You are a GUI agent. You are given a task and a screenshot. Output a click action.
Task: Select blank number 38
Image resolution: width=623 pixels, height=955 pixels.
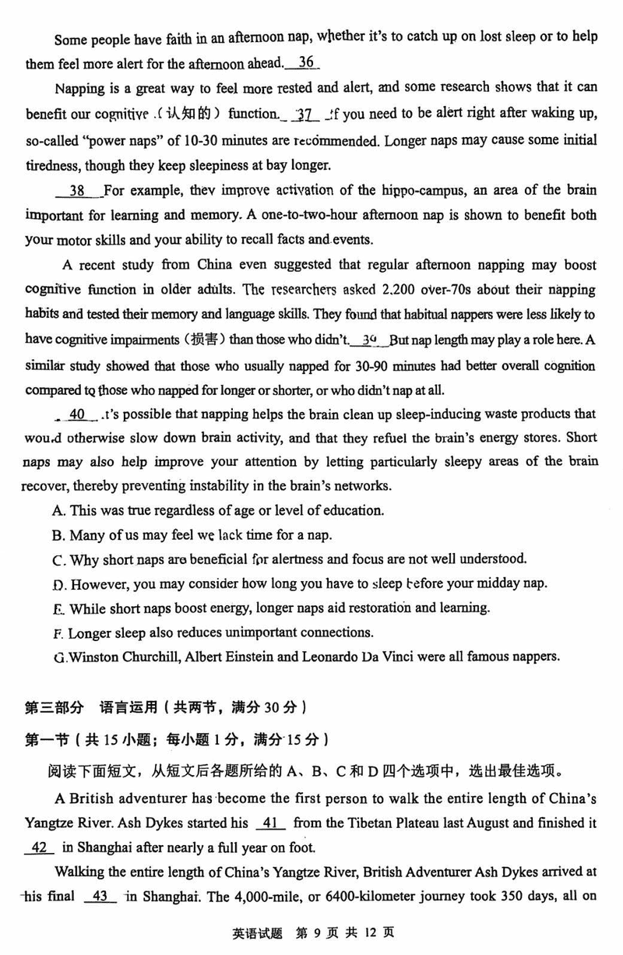[77, 191]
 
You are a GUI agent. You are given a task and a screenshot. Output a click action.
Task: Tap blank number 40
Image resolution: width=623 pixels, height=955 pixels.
[77, 414]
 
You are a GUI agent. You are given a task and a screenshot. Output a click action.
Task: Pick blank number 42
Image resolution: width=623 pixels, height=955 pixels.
[40, 848]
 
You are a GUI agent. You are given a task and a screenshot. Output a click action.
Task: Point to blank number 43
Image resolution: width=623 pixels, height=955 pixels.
[100, 896]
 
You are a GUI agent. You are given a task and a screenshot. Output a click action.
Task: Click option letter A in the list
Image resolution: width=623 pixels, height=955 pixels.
[58, 511]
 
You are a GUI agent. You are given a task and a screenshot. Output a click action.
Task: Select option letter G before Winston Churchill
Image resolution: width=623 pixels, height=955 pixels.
[58, 657]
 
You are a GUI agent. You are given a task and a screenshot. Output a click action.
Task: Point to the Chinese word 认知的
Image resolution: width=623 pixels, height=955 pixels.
[191, 114]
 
